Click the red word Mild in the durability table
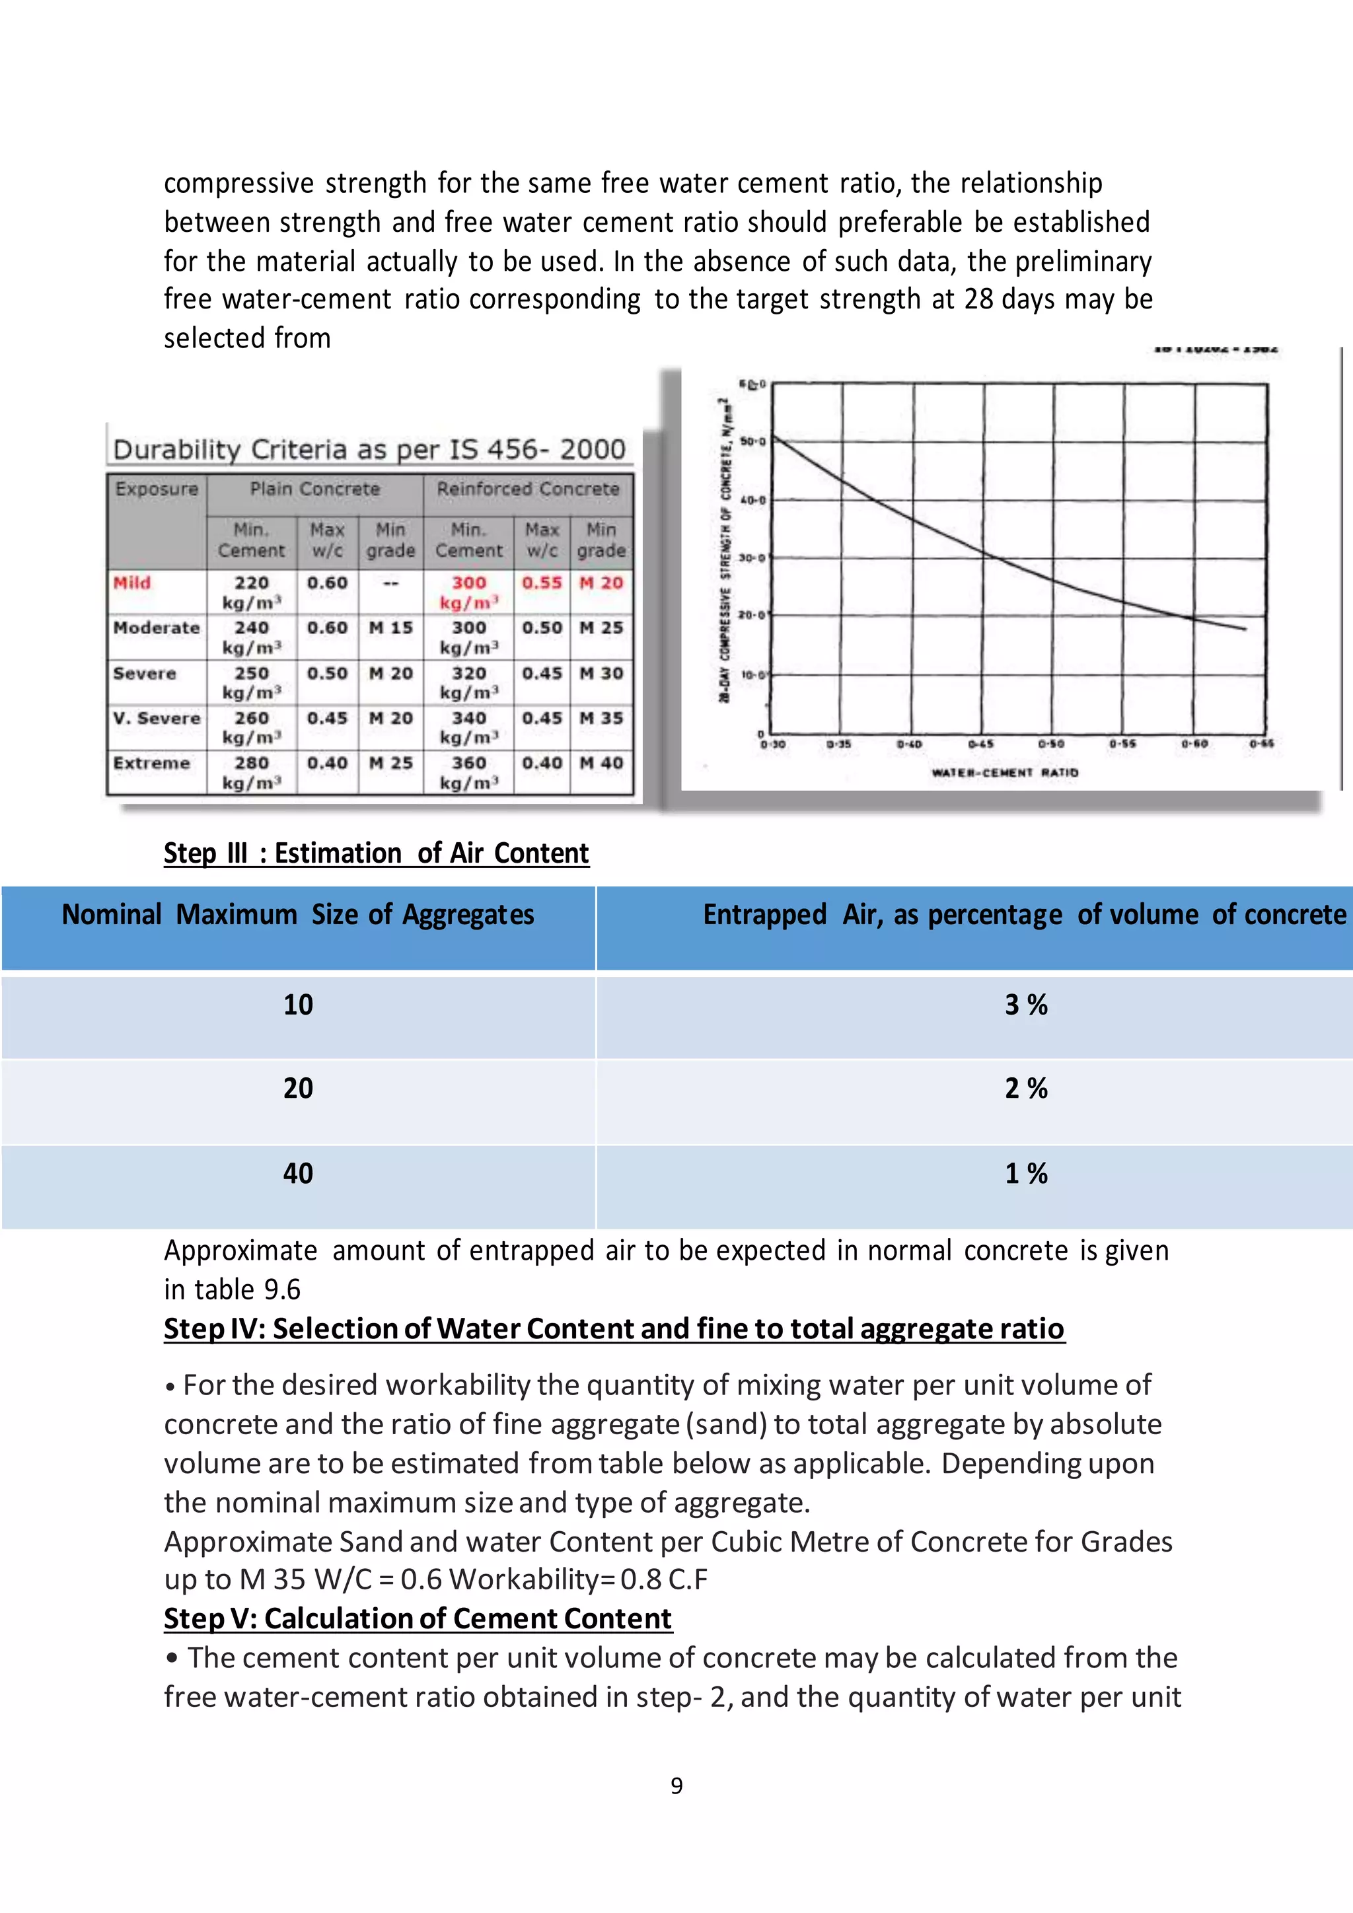[x=131, y=583]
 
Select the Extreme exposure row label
[x=152, y=763]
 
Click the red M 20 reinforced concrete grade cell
[x=601, y=583]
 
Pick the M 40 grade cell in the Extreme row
[x=601, y=763]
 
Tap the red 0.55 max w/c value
[x=542, y=583]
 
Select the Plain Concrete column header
[x=315, y=489]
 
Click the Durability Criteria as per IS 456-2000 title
[x=369, y=450]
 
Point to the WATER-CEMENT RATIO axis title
[x=1004, y=772]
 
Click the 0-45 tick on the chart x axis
[x=980, y=743]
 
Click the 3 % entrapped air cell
[x=1025, y=1005]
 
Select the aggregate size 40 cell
[x=297, y=1173]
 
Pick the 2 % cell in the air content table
[x=1025, y=1088]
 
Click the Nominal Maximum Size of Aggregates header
[x=297, y=915]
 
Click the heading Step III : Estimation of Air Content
[x=376, y=853]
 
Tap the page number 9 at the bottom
[x=676, y=1786]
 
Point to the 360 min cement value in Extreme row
[x=468, y=763]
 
